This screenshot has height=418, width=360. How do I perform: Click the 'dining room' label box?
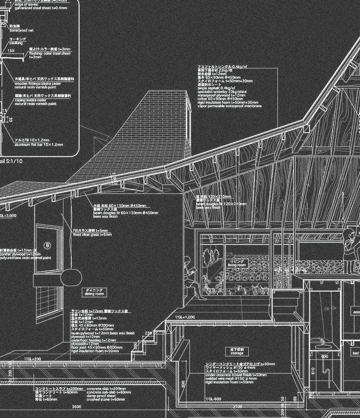[x=94, y=292]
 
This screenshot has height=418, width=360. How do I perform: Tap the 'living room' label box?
[x=237, y=263]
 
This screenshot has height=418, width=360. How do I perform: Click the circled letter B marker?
[x=48, y=245]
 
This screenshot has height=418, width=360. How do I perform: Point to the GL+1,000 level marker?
[x=185, y=317]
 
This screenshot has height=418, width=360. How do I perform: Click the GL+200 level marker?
[x=33, y=359]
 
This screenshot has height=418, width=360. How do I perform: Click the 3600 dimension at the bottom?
[x=76, y=406]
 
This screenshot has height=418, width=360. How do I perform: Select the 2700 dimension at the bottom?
[x=237, y=406]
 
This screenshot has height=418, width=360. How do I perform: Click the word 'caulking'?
[x=16, y=43]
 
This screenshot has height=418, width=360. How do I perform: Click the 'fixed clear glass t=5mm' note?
[x=92, y=235]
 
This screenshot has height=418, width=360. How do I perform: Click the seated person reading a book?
[x=193, y=279]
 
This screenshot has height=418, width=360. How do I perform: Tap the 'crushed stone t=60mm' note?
[x=106, y=399]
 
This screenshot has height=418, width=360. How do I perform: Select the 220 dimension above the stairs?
[x=149, y=333]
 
